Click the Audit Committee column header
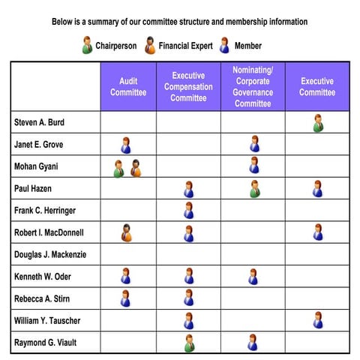pos(128,86)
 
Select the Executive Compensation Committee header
pos(188,86)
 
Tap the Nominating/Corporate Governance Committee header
pos(253,86)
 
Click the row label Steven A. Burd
pos(39,121)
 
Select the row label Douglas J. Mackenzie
pos(49,255)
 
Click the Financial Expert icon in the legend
pos(150,45)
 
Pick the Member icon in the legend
pos(225,45)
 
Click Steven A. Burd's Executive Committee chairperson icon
pos(318,122)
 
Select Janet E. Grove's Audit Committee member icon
pos(126,144)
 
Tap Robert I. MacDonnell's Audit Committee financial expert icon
pos(127,232)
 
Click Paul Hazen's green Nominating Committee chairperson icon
pos(255,188)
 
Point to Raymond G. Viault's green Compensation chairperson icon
pos(189,343)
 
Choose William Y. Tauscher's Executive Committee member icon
pos(318,320)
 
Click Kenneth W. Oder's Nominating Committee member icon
pos(253,277)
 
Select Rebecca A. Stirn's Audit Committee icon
pos(126,298)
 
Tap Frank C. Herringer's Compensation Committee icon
pos(189,210)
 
